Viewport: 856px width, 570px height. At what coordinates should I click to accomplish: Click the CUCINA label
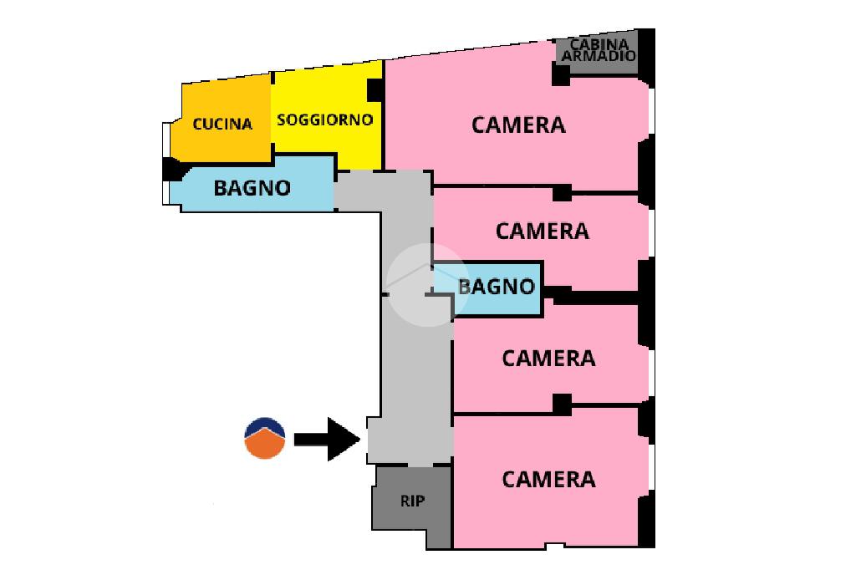pyautogui.click(x=222, y=124)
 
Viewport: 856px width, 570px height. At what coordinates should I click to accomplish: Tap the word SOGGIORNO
pyautogui.click(x=324, y=120)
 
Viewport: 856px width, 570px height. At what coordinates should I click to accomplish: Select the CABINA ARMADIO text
pyautogui.click(x=598, y=50)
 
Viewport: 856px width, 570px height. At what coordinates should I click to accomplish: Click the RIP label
pyautogui.click(x=412, y=501)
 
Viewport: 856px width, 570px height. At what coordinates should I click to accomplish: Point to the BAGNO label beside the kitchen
pyautogui.click(x=252, y=188)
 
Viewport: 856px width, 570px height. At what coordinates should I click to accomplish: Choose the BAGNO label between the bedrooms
pyautogui.click(x=497, y=287)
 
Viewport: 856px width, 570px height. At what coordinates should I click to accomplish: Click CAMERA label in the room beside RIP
pyautogui.click(x=548, y=479)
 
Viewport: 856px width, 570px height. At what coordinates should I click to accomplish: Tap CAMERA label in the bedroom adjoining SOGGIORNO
pyautogui.click(x=518, y=125)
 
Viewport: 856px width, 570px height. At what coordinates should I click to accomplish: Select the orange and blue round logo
pyautogui.click(x=265, y=438)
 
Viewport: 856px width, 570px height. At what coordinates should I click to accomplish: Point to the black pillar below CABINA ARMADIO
pyautogui.click(x=561, y=75)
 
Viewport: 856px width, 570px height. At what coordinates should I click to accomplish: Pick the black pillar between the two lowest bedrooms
pyautogui.click(x=562, y=405)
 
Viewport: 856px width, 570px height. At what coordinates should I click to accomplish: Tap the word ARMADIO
pyautogui.click(x=599, y=56)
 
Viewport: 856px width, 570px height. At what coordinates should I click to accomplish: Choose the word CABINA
pyautogui.click(x=598, y=44)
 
